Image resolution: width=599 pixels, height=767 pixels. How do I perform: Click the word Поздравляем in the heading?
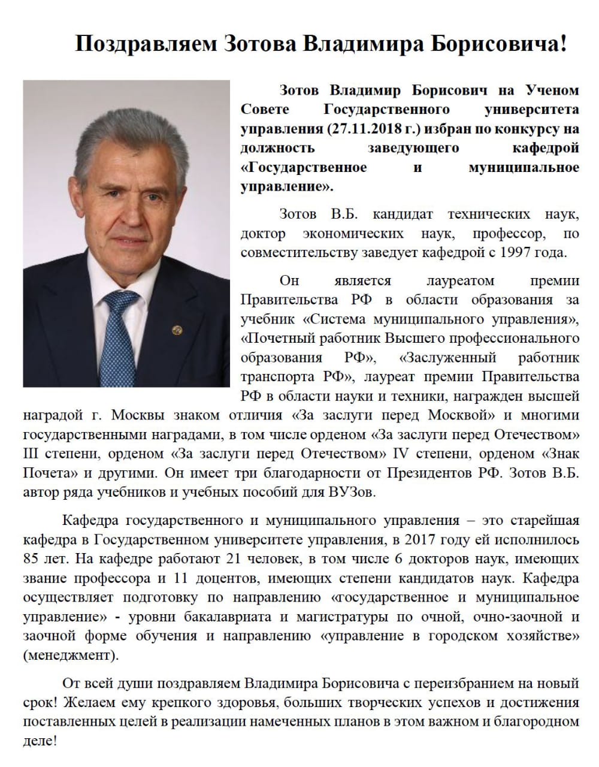pos(146,44)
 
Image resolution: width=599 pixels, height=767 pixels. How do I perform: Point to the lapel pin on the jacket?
pos(176,330)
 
